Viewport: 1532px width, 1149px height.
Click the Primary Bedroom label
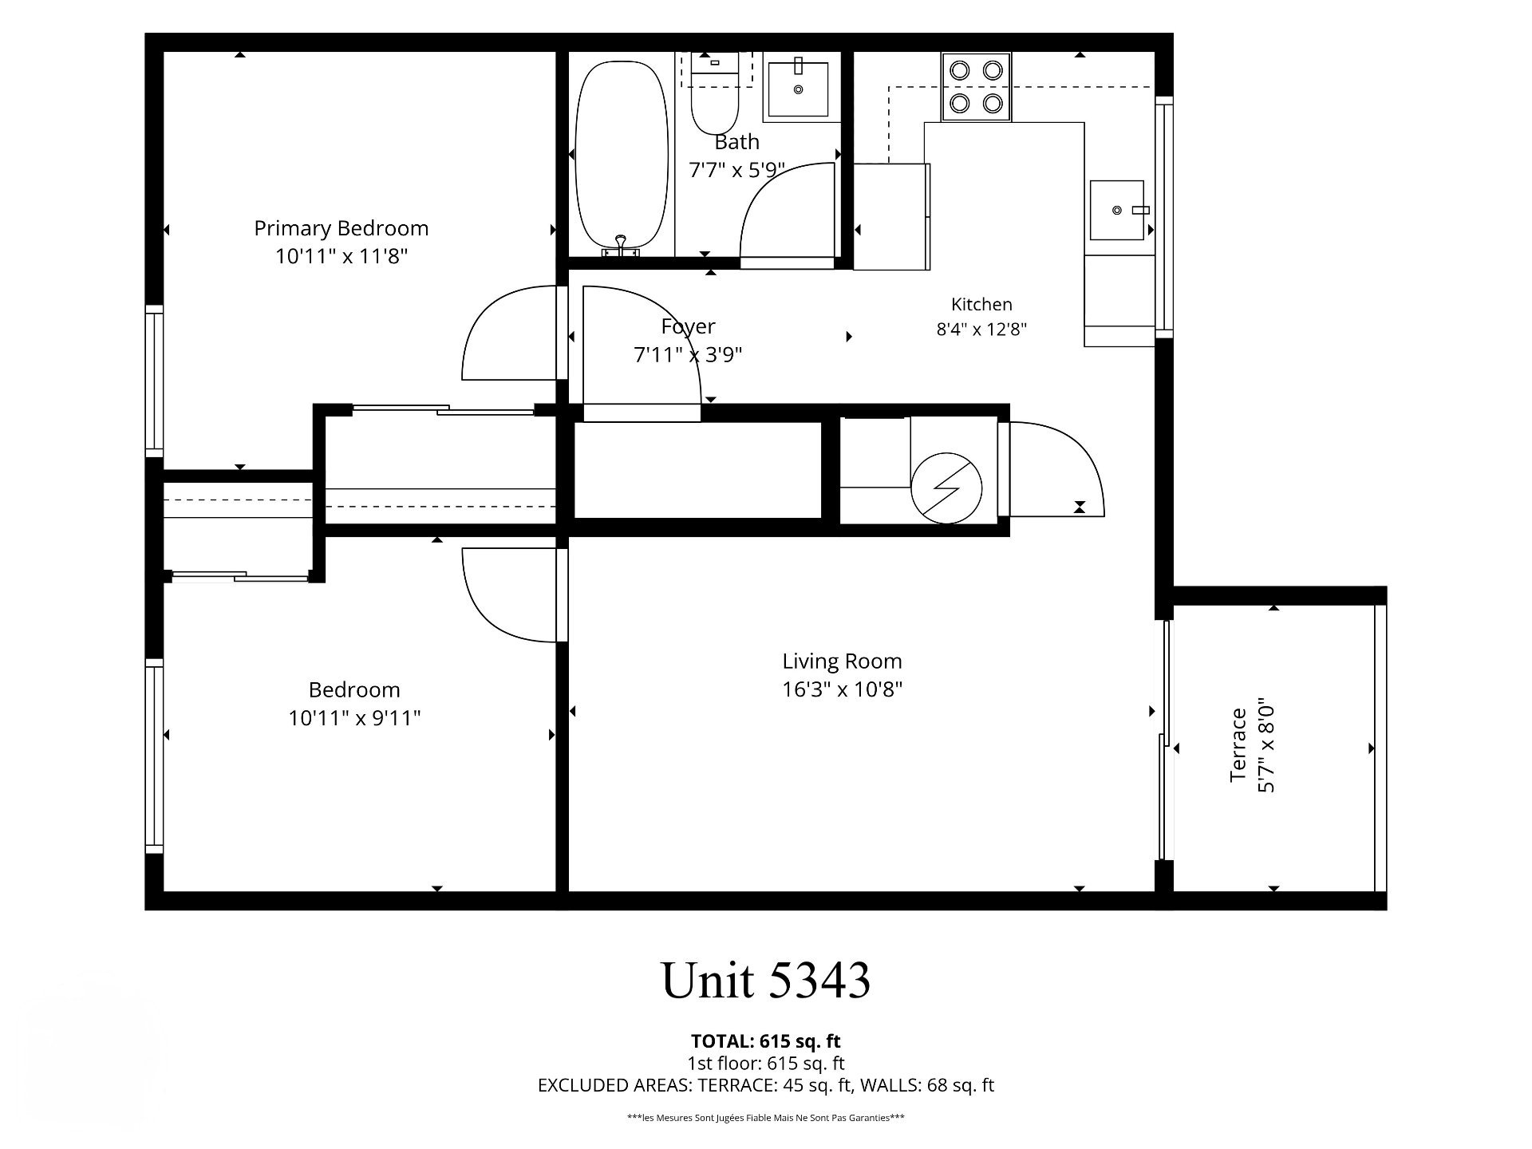pyautogui.click(x=342, y=228)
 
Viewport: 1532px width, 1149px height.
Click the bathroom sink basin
pyautogui.click(x=798, y=88)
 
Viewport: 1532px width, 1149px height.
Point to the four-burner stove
pyautogui.click(x=976, y=87)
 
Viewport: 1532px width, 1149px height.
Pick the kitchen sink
pyautogui.click(x=1122, y=210)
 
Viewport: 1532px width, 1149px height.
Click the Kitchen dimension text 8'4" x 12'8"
pyautogui.click(x=981, y=329)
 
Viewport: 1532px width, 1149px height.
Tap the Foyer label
pyautogui.click(x=688, y=326)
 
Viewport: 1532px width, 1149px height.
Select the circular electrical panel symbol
pyautogui.click(x=947, y=489)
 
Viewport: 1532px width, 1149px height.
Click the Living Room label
pyautogui.click(x=842, y=661)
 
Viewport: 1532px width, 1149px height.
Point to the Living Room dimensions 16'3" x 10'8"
pyautogui.click(x=842, y=689)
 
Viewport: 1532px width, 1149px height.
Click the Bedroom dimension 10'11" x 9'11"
pyautogui.click(x=354, y=718)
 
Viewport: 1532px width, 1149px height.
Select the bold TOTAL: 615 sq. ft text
pyautogui.click(x=766, y=1041)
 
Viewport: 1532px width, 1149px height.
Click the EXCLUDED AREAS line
pyautogui.click(x=766, y=1085)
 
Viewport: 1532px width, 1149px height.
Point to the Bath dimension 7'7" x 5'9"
pyautogui.click(x=736, y=170)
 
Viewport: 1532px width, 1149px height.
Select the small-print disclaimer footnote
pyautogui.click(x=766, y=1118)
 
